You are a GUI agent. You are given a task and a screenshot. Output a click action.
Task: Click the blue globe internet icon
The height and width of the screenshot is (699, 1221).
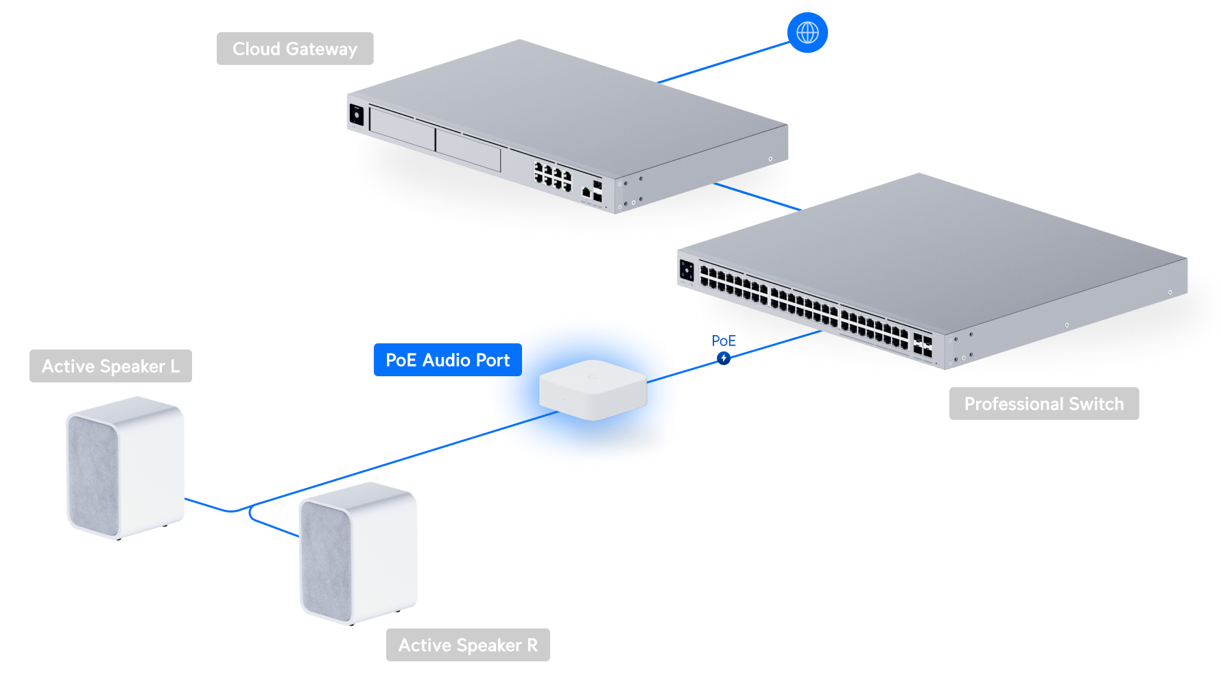(x=807, y=32)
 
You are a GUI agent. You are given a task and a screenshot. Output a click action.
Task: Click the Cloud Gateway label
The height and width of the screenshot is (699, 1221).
(x=295, y=49)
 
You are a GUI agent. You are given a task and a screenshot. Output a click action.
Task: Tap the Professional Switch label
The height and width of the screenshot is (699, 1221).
(x=1043, y=404)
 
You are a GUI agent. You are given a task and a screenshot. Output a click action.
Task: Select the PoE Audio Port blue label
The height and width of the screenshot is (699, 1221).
(x=447, y=360)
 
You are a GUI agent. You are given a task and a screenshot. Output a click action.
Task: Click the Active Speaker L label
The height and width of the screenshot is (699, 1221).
(x=110, y=366)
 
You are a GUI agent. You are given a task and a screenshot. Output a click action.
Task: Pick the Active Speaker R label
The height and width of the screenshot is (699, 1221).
(x=468, y=645)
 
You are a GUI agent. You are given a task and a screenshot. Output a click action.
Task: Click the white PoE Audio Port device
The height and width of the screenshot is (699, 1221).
(x=593, y=389)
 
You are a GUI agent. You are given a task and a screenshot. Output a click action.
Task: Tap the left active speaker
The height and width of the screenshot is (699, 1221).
(x=125, y=467)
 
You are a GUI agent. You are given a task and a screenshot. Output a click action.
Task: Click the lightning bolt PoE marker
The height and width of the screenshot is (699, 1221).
(x=724, y=358)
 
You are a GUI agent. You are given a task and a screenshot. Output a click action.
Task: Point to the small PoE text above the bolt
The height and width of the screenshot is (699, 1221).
(x=723, y=341)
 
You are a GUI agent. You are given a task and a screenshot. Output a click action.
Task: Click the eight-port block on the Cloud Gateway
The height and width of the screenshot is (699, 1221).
(x=553, y=176)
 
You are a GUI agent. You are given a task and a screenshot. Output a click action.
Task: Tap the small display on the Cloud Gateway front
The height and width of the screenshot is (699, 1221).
(x=356, y=114)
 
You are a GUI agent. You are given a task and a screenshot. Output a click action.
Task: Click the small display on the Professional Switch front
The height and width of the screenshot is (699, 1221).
(x=687, y=270)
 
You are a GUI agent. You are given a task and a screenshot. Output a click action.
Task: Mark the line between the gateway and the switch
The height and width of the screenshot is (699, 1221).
(x=757, y=196)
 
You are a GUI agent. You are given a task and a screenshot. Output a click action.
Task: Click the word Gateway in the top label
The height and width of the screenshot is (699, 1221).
(x=322, y=49)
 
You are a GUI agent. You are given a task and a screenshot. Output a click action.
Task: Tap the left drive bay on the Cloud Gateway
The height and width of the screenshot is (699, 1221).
(x=402, y=127)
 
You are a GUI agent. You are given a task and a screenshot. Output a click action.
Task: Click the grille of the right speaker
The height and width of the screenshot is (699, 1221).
(x=326, y=559)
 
